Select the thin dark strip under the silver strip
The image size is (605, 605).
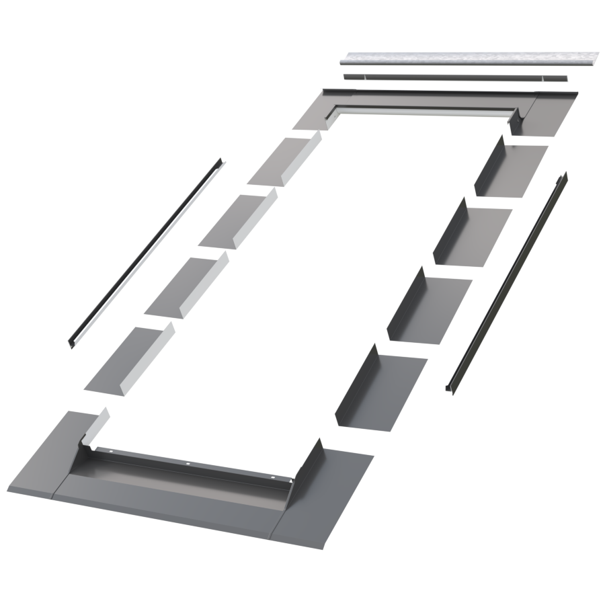click(x=457, y=77)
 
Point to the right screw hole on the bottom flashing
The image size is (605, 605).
click(x=274, y=479)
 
